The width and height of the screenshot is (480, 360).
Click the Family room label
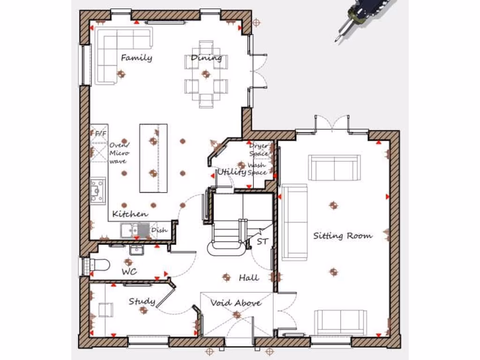(136, 58)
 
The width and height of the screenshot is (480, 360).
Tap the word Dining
(206, 58)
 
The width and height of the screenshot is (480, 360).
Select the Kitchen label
(130, 214)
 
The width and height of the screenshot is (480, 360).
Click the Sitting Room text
(343, 235)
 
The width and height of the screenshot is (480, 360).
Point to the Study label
(142, 301)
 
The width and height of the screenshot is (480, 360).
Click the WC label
(129, 272)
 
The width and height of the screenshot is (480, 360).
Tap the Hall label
(248, 277)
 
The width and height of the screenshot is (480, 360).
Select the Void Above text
(236, 303)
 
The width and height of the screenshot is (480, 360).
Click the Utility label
(232, 172)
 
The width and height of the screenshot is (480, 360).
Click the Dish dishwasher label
(159, 230)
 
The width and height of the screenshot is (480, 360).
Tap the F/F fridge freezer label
(100, 134)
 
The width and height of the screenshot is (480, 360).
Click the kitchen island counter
(153, 158)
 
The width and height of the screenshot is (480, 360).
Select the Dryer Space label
(258, 150)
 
